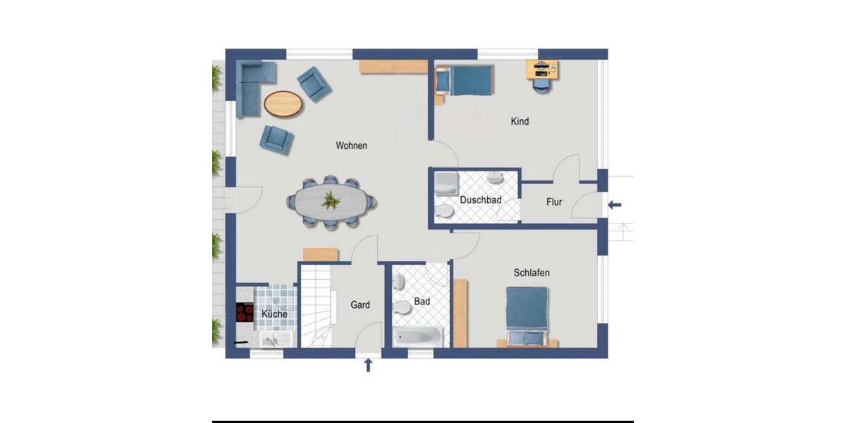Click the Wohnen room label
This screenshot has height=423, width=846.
pyautogui.click(x=351, y=146)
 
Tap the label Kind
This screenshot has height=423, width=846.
pyautogui.click(x=520, y=121)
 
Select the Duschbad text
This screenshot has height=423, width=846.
pyautogui.click(x=480, y=200)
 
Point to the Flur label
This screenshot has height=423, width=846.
pyautogui.click(x=554, y=202)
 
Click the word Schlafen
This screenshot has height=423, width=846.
pyautogui.click(x=532, y=273)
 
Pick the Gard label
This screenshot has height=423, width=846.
pyautogui.click(x=360, y=305)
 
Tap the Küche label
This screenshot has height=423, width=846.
pyautogui.click(x=274, y=314)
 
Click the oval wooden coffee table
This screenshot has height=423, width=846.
pyautogui.click(x=283, y=104)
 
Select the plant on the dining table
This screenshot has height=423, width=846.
pyautogui.click(x=330, y=202)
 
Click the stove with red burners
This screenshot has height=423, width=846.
pyautogui.click(x=245, y=312)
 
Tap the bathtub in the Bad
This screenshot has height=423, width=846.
pyautogui.click(x=417, y=336)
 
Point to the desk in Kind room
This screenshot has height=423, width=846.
pyautogui.click(x=541, y=68)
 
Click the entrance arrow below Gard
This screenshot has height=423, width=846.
pyautogui.click(x=367, y=364)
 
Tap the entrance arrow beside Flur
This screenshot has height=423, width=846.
pyautogui.click(x=615, y=205)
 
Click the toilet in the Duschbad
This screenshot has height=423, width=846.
pyautogui.click(x=445, y=211)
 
